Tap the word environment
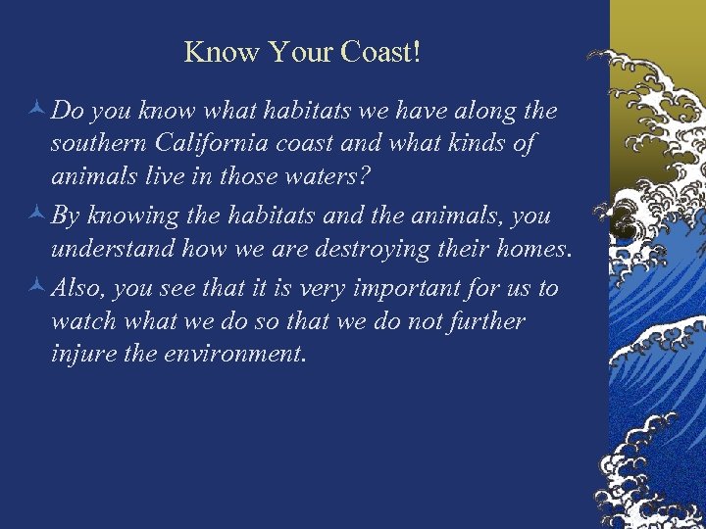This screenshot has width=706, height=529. pyautogui.click(x=238, y=351)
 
